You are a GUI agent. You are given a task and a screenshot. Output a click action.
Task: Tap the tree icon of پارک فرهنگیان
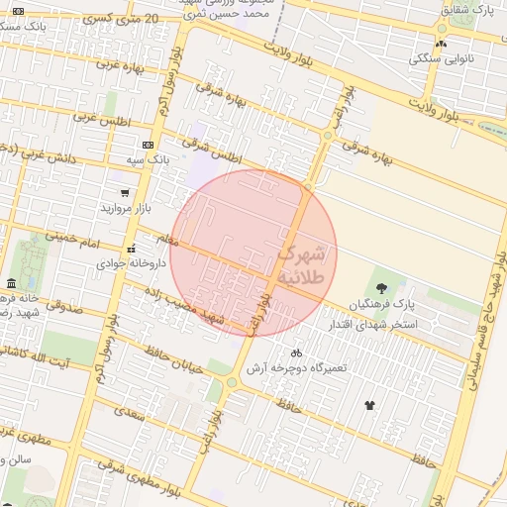[x=382, y=287]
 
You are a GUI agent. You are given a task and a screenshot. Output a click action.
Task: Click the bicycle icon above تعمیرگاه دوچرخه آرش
[x=295, y=353]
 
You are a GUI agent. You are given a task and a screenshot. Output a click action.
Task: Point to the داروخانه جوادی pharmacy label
[x=124, y=264]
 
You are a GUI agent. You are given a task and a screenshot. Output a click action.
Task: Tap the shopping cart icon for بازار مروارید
[x=125, y=193]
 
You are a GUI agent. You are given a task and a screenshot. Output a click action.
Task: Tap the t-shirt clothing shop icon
[x=370, y=404]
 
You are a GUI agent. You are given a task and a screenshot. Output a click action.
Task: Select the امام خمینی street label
[x=73, y=239]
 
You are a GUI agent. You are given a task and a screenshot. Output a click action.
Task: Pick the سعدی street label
[x=130, y=414]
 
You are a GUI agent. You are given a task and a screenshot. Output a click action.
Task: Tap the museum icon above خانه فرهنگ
[x=11, y=283]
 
